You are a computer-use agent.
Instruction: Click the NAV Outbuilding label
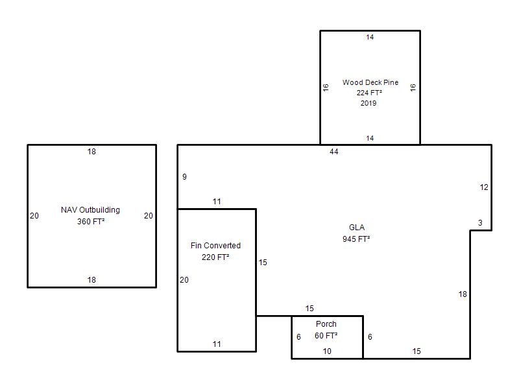[x=90, y=210]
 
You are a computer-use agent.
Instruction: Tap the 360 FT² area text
[x=91, y=222]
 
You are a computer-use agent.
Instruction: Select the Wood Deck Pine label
[x=370, y=82]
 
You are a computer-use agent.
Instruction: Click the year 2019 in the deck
[x=368, y=103]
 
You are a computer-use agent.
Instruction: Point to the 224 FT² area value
[x=369, y=93]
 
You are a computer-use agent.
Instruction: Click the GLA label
[x=357, y=228]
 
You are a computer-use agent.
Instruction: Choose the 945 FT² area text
[x=356, y=239]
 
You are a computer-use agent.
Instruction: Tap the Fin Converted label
[x=215, y=246]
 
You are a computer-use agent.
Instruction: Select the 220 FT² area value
[x=215, y=257]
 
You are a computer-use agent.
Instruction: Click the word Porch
[x=326, y=324]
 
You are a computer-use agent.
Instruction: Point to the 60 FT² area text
[x=326, y=336]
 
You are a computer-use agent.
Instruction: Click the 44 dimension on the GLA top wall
[x=334, y=152]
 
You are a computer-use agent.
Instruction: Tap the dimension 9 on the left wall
[x=184, y=177]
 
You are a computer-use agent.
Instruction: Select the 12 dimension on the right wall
[x=484, y=187]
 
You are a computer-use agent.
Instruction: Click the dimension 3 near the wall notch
[x=480, y=223]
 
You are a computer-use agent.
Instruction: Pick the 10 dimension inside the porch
[x=327, y=351]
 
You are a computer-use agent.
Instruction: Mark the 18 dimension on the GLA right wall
[x=463, y=294]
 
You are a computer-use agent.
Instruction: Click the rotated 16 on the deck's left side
[x=326, y=88]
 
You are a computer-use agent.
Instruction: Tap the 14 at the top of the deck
[x=370, y=38]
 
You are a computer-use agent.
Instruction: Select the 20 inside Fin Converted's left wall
[x=184, y=280]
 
